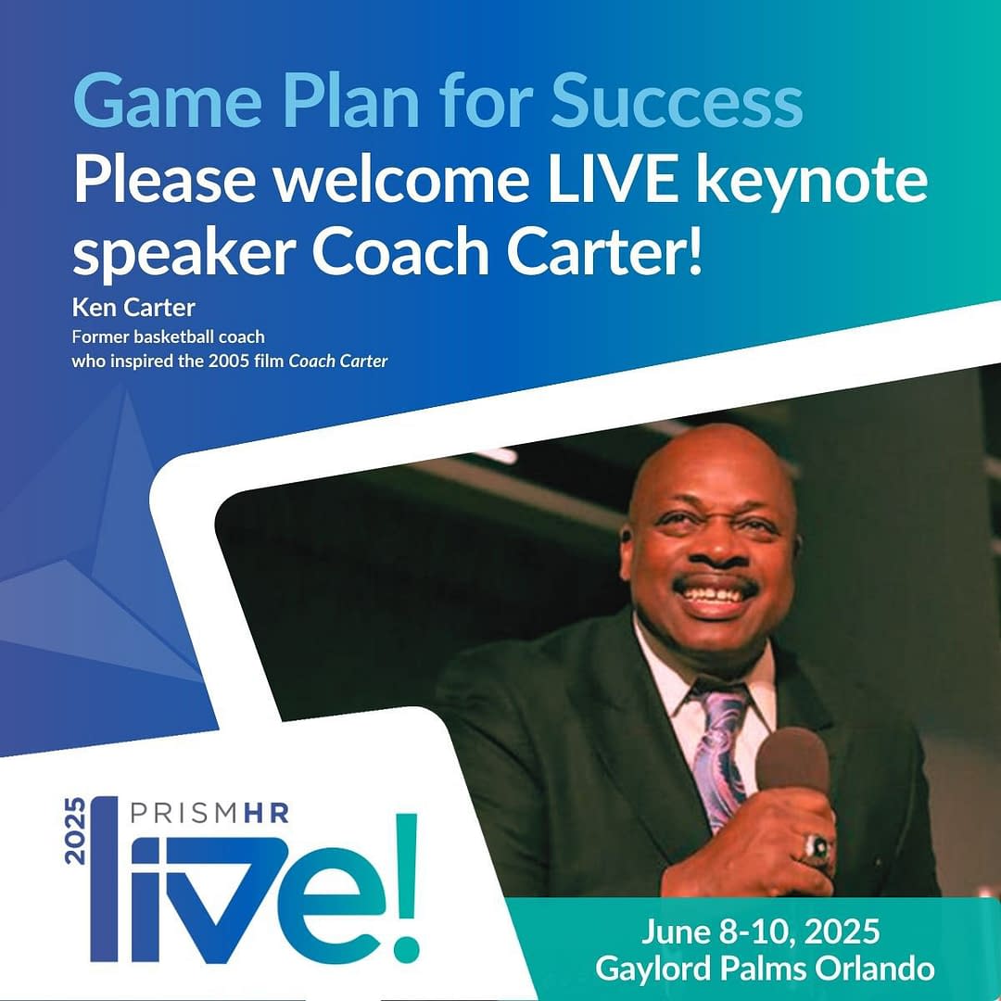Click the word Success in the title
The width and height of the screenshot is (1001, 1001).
[677, 101]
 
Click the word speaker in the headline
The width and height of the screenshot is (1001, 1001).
[184, 253]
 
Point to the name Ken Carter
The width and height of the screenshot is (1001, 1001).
[133, 308]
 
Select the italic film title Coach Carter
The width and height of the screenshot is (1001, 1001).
[338, 361]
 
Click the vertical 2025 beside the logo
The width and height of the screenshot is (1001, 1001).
[74, 830]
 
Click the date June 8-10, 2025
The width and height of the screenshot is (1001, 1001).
[760, 932]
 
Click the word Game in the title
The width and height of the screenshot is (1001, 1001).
[167, 101]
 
